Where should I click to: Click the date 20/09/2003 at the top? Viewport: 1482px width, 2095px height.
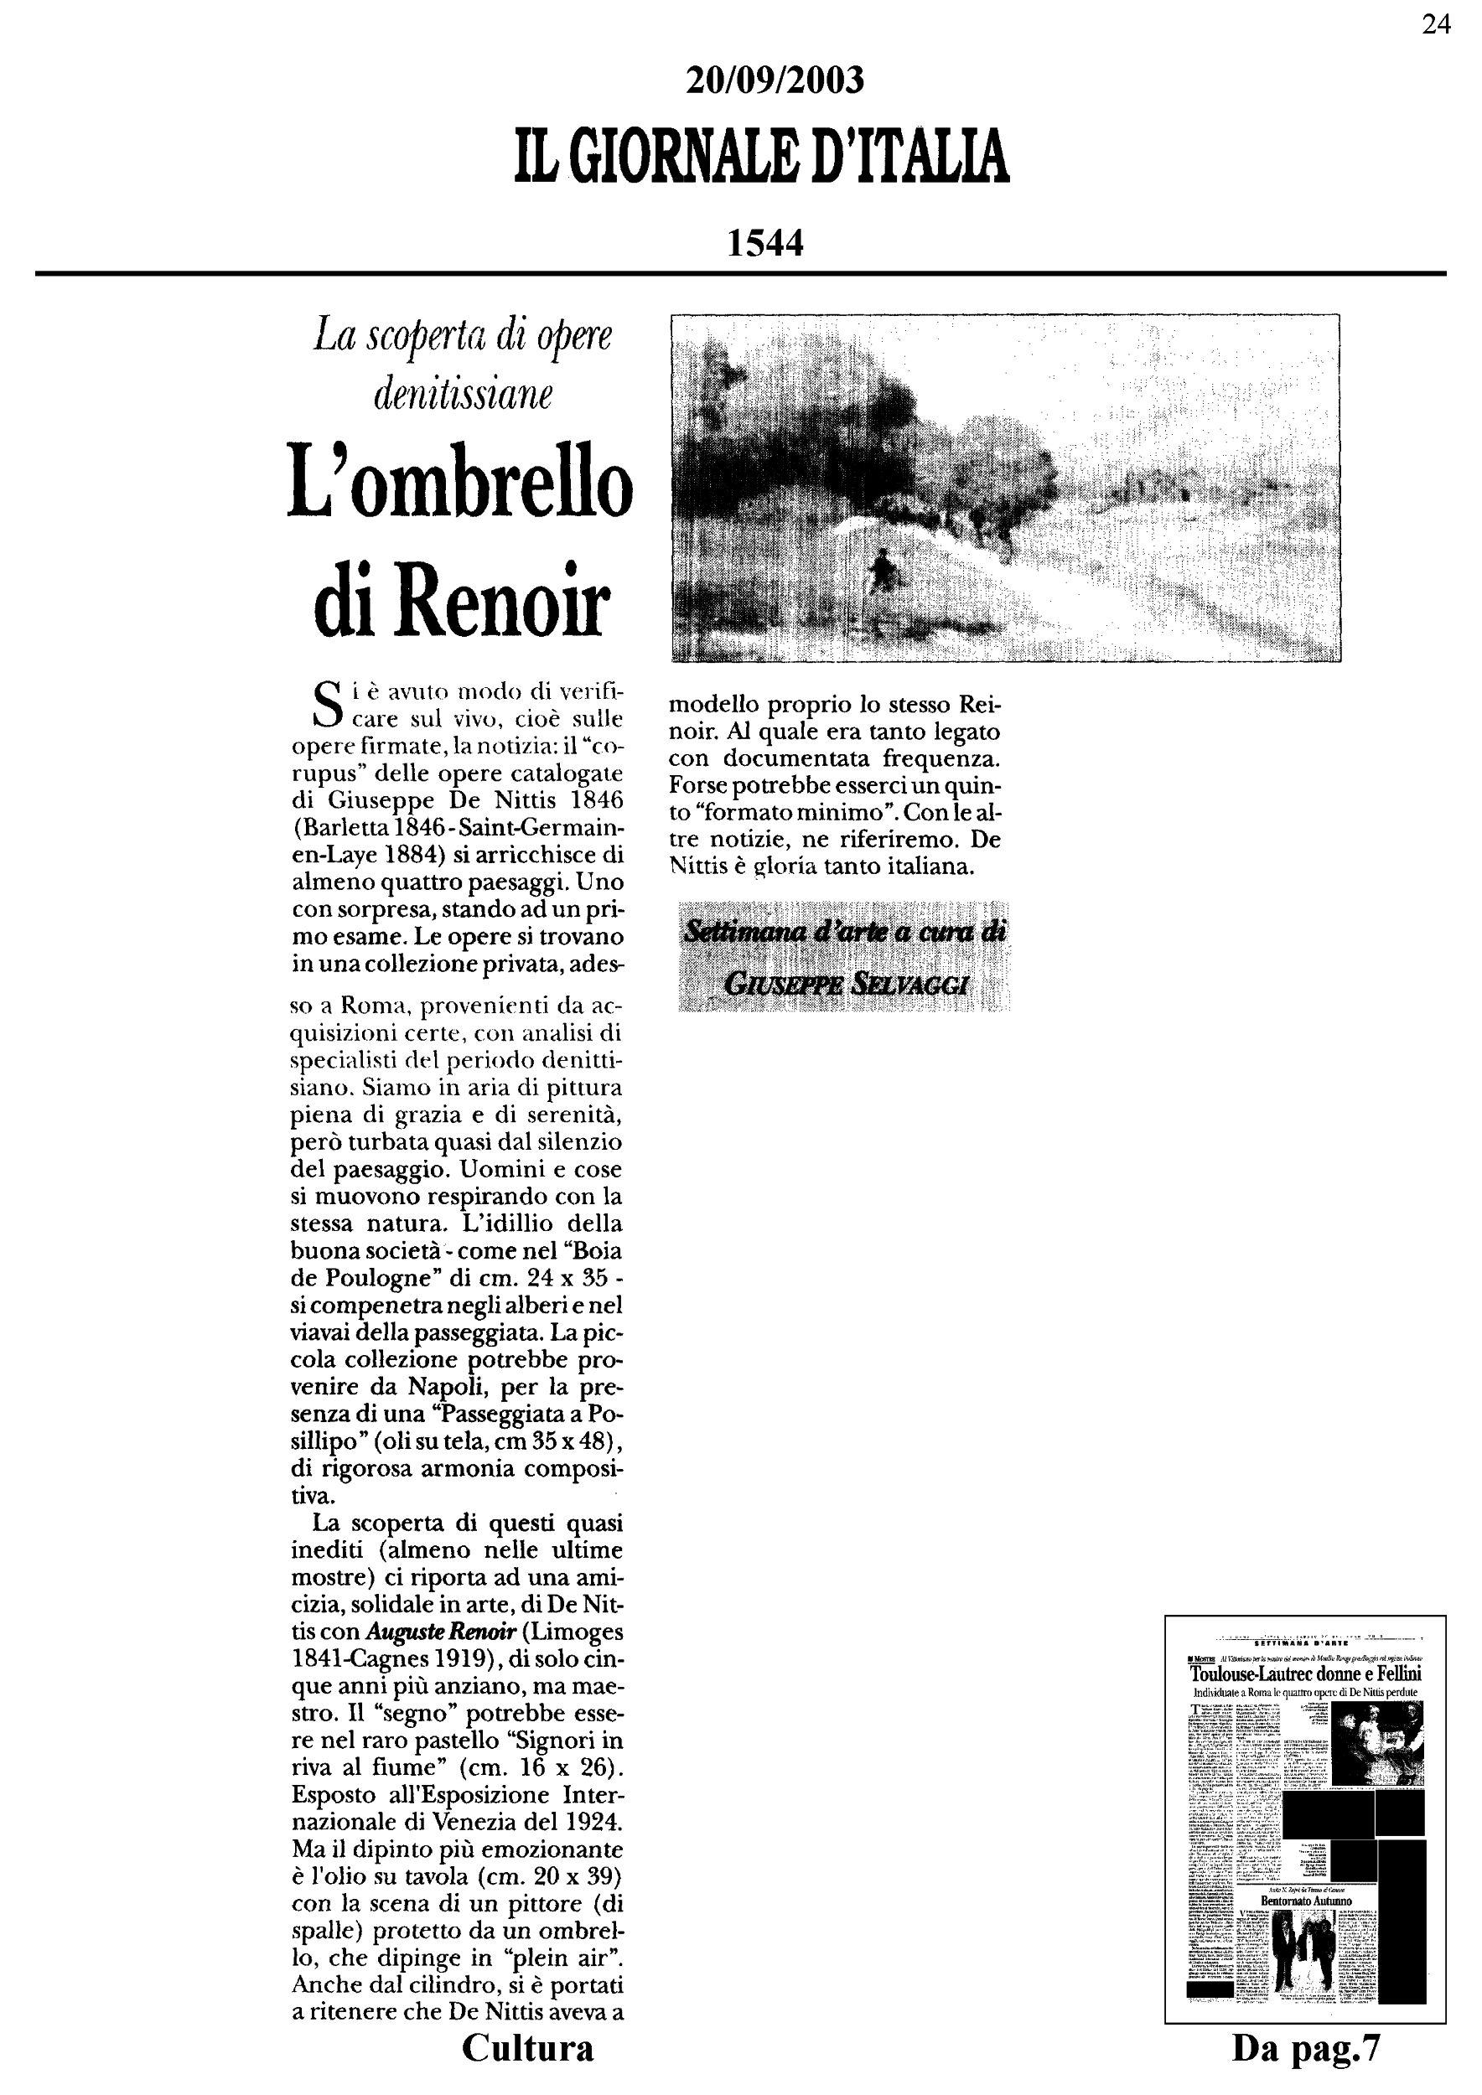(774, 81)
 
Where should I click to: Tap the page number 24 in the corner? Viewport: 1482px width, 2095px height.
(1435, 24)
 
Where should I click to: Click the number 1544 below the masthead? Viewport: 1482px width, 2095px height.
(764, 244)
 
